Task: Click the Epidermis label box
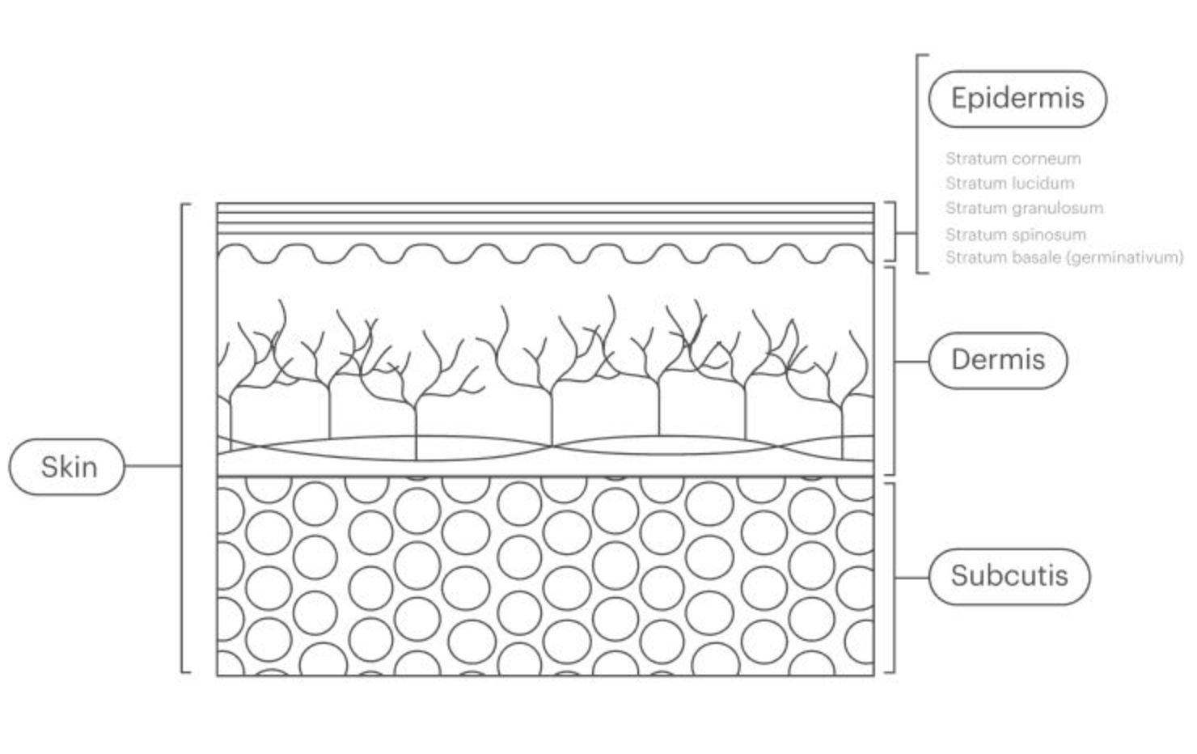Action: pyautogui.click(x=1017, y=99)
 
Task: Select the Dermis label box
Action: pyautogui.click(x=997, y=360)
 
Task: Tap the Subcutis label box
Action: pyautogui.click(x=1009, y=576)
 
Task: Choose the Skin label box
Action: pyautogui.click(x=68, y=467)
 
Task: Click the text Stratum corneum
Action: pyautogui.click(x=1013, y=159)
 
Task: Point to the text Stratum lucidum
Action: pyautogui.click(x=1009, y=184)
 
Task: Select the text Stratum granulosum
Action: pyautogui.click(x=1024, y=208)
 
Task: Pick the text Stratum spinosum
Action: pyautogui.click(x=1015, y=235)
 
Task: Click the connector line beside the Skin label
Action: pyautogui.click(x=153, y=466)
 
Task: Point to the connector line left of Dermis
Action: pyautogui.click(x=911, y=361)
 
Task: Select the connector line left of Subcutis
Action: pyautogui.click(x=911, y=577)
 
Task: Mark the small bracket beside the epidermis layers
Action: pyautogui.click(x=894, y=231)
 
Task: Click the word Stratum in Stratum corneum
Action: pyautogui.click(x=967, y=159)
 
